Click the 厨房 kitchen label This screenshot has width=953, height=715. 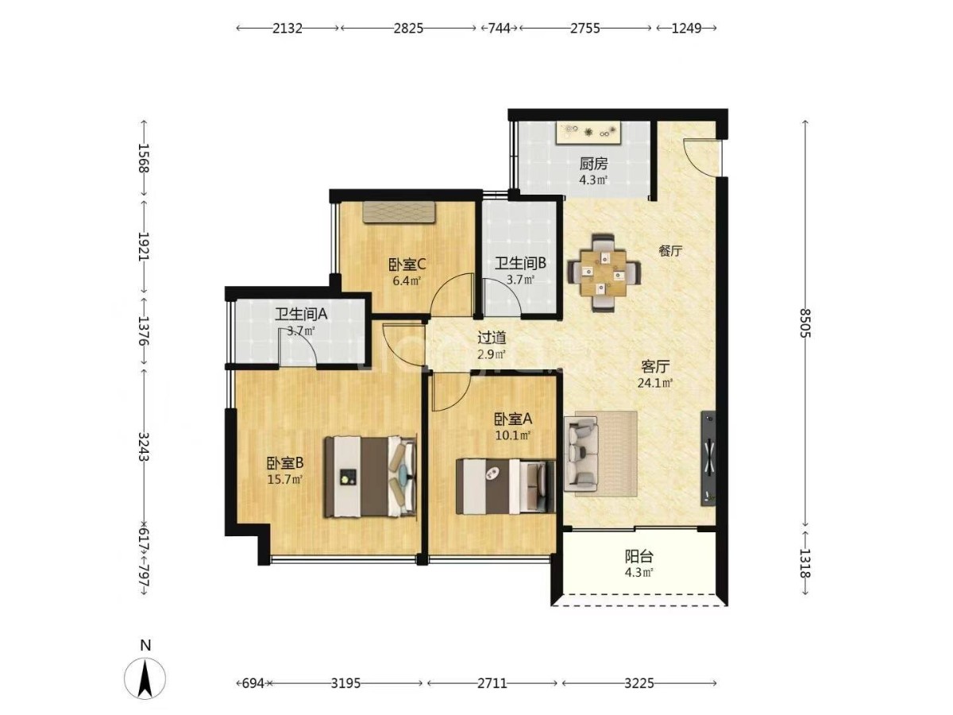pyautogui.click(x=593, y=164)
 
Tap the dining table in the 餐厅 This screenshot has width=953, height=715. pyautogui.click(x=604, y=272)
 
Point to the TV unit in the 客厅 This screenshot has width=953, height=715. pyautogui.click(x=708, y=458)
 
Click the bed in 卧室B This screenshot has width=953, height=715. pyautogui.click(x=370, y=477)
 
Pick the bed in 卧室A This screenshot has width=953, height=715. pyautogui.click(x=505, y=487)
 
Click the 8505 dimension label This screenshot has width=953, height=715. pyautogui.click(x=804, y=323)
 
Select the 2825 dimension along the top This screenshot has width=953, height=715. pyautogui.click(x=408, y=29)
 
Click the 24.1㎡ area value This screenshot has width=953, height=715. pyautogui.click(x=654, y=383)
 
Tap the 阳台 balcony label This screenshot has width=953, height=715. pyautogui.click(x=639, y=556)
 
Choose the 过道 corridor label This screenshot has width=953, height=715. pyautogui.click(x=492, y=338)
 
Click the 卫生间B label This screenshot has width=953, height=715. pyautogui.click(x=520, y=263)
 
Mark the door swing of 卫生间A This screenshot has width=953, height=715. pyautogui.click(x=297, y=346)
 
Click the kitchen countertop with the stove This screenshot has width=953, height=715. pyautogui.click(x=589, y=132)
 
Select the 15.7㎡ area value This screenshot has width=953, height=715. pyautogui.click(x=285, y=479)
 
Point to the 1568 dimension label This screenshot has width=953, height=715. pyautogui.click(x=144, y=158)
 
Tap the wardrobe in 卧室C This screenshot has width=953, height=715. pyautogui.click(x=399, y=212)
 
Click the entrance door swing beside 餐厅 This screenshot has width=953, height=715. pyautogui.click(x=700, y=157)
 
